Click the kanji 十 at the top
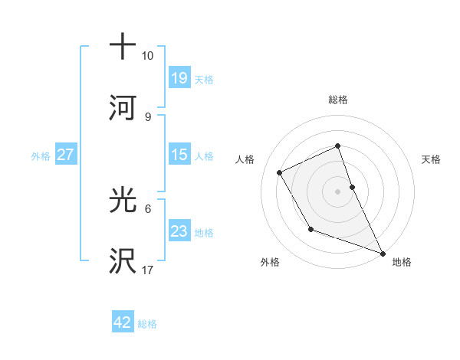point(123,46)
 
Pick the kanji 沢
point(123,261)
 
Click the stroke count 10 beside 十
point(148,57)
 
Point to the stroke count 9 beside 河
point(148,116)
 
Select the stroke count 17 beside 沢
point(148,270)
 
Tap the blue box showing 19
point(179,77)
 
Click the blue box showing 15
point(179,155)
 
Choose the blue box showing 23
point(179,231)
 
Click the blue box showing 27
point(65,155)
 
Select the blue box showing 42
point(122,322)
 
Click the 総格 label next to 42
point(147,324)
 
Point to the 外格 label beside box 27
point(41,155)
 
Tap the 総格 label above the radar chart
point(337,100)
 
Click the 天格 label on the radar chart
point(431,159)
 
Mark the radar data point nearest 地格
point(383,253)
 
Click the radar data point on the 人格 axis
point(280,172)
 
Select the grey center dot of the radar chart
point(337,191)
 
